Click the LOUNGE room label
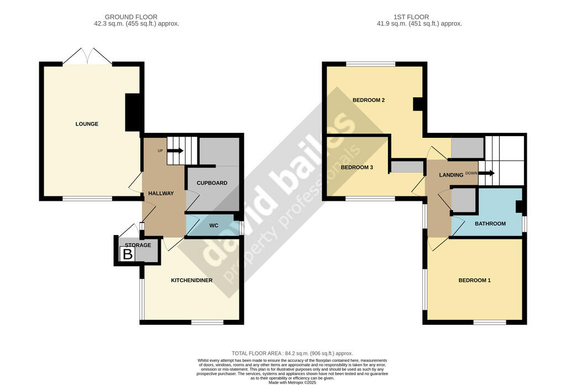pyautogui.click(x=87, y=124)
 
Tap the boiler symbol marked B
pyautogui.click(x=128, y=254)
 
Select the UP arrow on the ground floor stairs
pyautogui.click(x=176, y=150)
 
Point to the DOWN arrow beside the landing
pyautogui.click(x=486, y=173)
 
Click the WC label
pyautogui.click(x=214, y=226)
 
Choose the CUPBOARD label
pyautogui.click(x=212, y=183)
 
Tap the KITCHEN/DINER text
pyautogui.click(x=192, y=280)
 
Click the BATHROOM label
pyautogui.click(x=490, y=223)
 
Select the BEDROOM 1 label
pyautogui.click(x=475, y=280)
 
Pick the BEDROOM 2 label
pyautogui.click(x=369, y=100)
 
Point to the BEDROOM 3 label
pyautogui.click(x=357, y=168)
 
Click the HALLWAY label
pyautogui.click(x=161, y=194)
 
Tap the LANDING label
pyautogui.click(x=451, y=175)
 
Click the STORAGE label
pyautogui.click(x=138, y=245)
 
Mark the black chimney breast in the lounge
pyautogui.click(x=133, y=113)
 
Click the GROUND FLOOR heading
pyautogui.click(x=131, y=17)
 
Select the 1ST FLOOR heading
pyautogui.click(x=411, y=17)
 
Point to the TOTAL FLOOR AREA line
pyautogui.click(x=292, y=353)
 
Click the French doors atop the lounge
pyautogui.click(x=87, y=56)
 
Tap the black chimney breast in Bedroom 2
pyautogui.click(x=418, y=104)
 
